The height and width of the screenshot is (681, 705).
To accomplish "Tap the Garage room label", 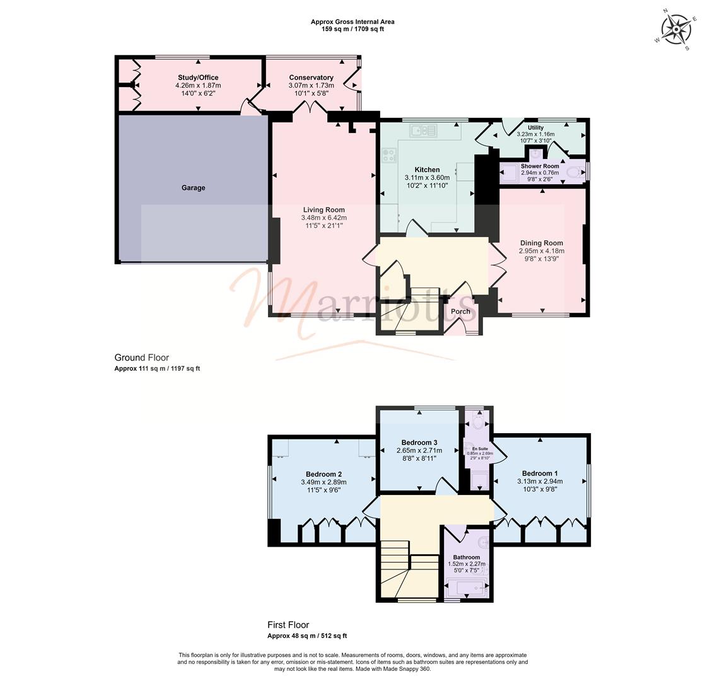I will click(x=193, y=188).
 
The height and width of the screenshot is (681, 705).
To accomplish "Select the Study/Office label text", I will click(x=198, y=78).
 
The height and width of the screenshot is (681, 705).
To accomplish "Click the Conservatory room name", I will click(x=311, y=78).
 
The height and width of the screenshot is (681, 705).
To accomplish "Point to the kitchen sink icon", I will click(x=423, y=131).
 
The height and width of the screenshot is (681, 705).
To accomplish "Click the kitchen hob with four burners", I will click(x=388, y=154).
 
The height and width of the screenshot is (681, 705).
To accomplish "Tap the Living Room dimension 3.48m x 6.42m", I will click(x=323, y=218).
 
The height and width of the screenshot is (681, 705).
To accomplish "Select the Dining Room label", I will click(x=541, y=243).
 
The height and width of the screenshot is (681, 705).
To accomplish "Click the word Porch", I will click(x=460, y=311).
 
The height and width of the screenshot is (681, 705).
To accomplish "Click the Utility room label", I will click(x=535, y=127).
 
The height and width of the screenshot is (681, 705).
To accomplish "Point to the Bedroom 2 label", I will click(x=323, y=474).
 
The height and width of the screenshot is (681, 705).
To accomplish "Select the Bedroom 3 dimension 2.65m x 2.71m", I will click(x=419, y=451).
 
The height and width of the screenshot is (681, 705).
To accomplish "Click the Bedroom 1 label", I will click(x=540, y=474).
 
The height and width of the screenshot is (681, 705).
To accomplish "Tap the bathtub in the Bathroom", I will click(x=467, y=588).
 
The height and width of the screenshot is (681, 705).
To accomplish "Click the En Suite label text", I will click(x=479, y=449).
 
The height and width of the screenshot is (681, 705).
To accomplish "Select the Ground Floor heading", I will click(x=141, y=358).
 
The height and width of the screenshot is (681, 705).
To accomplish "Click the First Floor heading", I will click(x=288, y=626).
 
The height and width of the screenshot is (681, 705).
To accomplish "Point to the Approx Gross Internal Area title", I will click(x=352, y=21).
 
